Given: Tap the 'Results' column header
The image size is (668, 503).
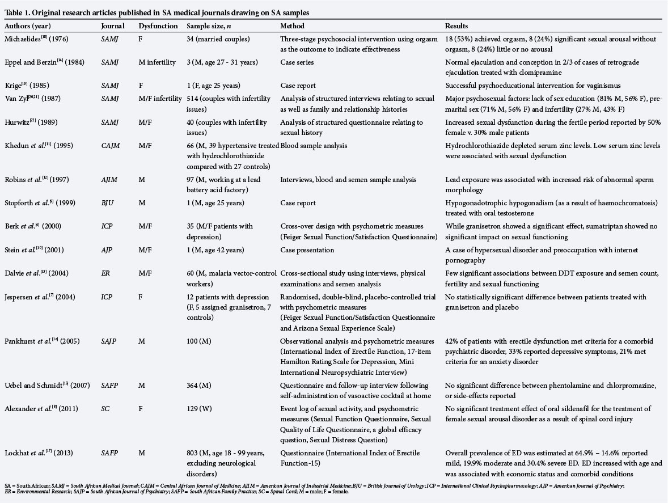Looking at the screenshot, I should click(457, 26).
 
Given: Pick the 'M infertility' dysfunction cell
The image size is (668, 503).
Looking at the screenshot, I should click(156, 62).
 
